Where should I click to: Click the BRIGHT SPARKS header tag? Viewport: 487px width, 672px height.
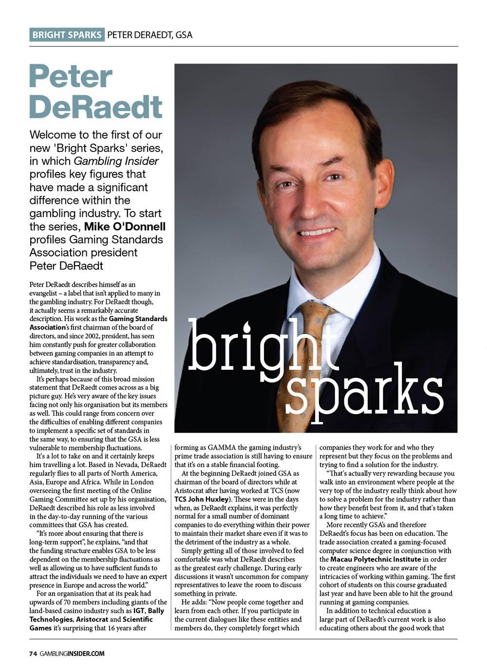(67, 35)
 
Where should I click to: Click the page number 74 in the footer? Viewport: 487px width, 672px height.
(33, 654)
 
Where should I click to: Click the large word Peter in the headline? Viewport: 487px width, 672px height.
(71, 77)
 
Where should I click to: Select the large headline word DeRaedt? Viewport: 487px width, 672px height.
(95, 107)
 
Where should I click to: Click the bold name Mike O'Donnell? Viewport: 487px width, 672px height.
(125, 226)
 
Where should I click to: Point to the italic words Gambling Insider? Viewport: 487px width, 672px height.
(116, 161)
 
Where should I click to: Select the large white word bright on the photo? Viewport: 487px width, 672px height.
(263, 346)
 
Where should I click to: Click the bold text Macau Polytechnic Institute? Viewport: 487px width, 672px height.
(375, 560)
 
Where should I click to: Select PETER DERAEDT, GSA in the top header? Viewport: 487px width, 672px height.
(150, 35)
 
